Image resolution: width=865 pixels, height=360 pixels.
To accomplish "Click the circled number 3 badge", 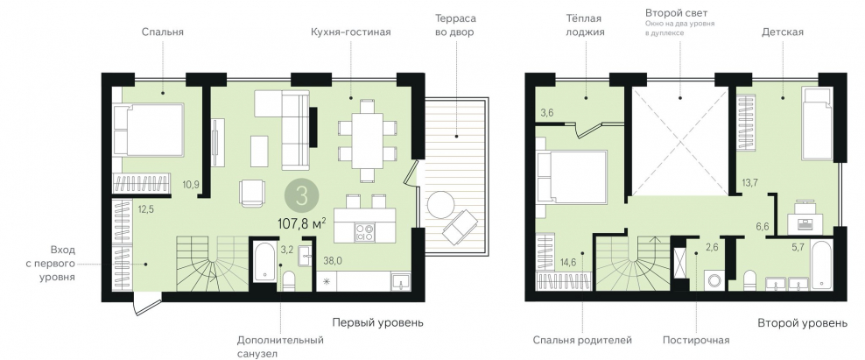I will point(302,193).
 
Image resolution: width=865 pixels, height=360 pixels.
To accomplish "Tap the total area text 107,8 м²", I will point(302,222).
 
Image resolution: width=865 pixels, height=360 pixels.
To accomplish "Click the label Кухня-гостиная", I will point(350,32).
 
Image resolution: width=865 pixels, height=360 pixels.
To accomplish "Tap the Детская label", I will point(781,32).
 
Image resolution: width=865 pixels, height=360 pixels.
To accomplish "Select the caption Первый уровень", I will point(378,322).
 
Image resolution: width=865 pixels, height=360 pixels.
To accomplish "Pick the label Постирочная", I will point(696,340).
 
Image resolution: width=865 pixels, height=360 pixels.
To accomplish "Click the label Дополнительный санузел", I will point(280,347).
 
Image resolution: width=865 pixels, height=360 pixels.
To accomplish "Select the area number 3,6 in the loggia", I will point(547,113).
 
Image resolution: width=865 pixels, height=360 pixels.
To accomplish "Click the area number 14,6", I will point(568,262).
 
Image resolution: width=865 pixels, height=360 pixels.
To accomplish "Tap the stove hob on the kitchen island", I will point(364,232).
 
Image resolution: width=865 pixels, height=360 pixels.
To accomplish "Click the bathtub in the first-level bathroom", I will point(264,261).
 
